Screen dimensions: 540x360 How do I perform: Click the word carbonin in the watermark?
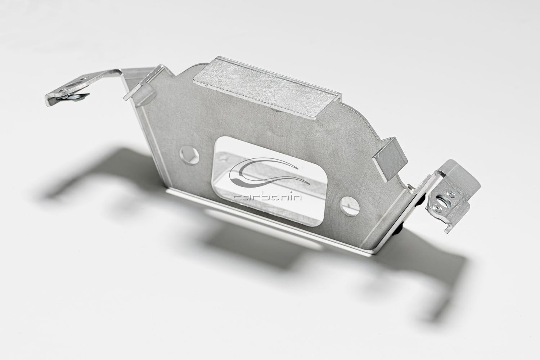pos(268,197)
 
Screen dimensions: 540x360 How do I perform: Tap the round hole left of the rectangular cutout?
pos(190,155)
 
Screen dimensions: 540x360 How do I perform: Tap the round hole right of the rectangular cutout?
pos(349,206)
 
